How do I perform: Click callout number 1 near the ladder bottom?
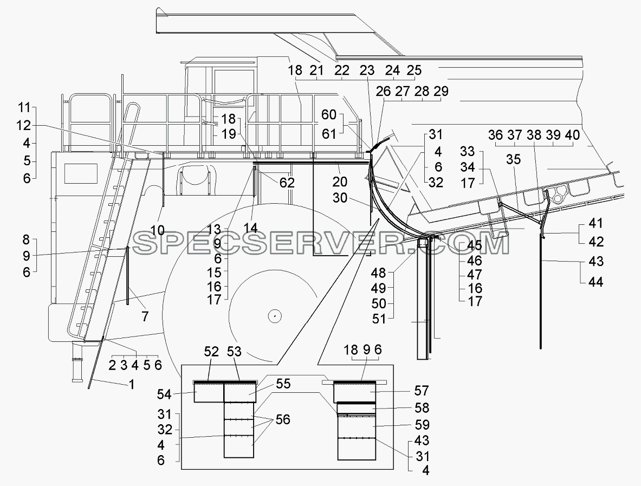(x=132, y=385)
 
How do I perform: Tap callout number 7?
(x=145, y=316)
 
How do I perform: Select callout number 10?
(x=157, y=230)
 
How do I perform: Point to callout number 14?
(x=250, y=228)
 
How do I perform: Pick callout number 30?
(x=340, y=198)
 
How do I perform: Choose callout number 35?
(x=514, y=159)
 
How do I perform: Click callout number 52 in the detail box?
(x=211, y=352)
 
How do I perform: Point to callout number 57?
(x=421, y=391)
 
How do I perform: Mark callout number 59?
(x=422, y=425)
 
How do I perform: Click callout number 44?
(x=595, y=282)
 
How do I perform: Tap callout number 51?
(x=379, y=319)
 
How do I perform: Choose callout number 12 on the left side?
(x=24, y=126)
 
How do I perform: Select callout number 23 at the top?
(x=367, y=71)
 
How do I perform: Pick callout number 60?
(x=329, y=115)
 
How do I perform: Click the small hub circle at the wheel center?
(x=275, y=315)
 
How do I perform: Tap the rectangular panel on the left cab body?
(x=81, y=174)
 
